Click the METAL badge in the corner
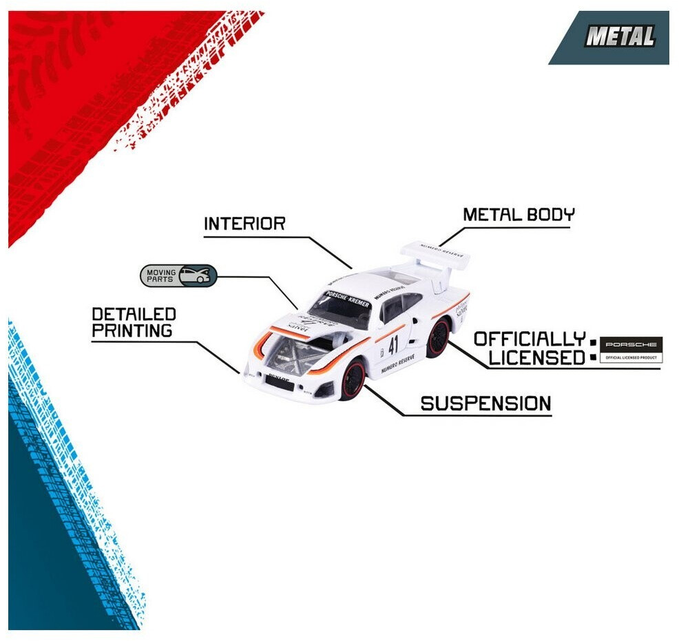coord(620,37)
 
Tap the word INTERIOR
coord(244,224)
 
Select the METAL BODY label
coord(518,214)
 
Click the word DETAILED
coord(134,315)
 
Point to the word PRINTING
coord(132,330)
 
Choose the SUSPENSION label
coord(485,403)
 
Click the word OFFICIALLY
coord(528,339)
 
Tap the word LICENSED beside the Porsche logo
coord(536,358)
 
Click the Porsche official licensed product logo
coord(630,349)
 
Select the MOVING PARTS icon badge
coord(178,275)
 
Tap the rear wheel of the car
coord(437,338)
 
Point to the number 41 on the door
coord(393,344)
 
